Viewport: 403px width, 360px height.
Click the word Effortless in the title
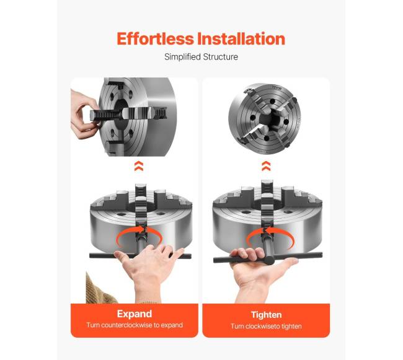pos(155,39)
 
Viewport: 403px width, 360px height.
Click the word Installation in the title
pos(241,39)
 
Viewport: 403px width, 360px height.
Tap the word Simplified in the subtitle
pos(182,57)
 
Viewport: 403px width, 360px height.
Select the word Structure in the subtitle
pos(220,57)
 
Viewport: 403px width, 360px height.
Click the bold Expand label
pos(135,314)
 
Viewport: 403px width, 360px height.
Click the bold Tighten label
pos(266,315)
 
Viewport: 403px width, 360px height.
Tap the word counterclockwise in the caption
pos(126,325)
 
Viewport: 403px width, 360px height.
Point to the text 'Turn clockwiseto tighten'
pos(266,327)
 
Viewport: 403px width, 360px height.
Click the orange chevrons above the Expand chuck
pos(139,166)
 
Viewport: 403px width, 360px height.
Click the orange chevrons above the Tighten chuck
pos(266,166)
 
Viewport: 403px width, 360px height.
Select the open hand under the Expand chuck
pos(149,272)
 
